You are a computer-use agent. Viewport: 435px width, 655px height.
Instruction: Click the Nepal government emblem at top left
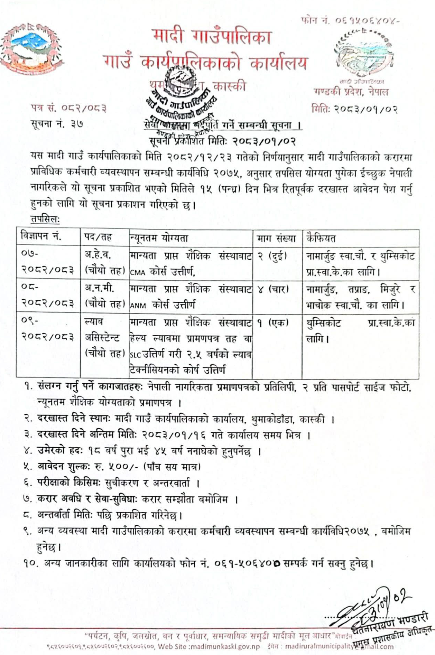[31, 48]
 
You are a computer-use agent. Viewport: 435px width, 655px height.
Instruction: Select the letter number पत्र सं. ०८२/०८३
[68, 109]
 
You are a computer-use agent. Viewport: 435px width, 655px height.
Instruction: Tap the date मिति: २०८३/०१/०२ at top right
[354, 109]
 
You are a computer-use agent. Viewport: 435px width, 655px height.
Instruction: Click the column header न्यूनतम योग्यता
[159, 238]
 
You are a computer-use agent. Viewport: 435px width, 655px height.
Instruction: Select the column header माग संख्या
[277, 238]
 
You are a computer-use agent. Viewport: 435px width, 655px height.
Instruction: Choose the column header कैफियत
[321, 238]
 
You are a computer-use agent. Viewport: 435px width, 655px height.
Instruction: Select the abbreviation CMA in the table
[138, 272]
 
